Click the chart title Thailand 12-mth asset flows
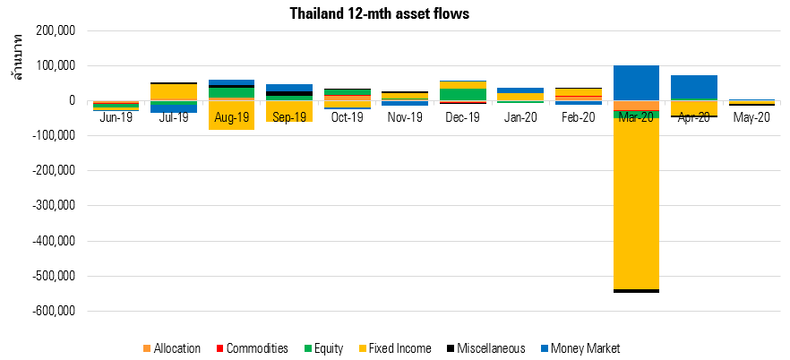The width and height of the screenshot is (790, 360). click(x=380, y=13)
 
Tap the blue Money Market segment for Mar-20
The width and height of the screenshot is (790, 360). click(x=636, y=82)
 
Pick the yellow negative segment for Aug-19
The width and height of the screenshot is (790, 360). click(x=231, y=116)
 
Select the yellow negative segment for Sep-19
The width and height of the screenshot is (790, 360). click(x=289, y=111)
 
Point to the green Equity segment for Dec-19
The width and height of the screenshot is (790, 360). click(x=463, y=94)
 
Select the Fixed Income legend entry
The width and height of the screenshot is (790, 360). click(x=394, y=348)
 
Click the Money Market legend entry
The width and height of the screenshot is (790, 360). click(x=580, y=348)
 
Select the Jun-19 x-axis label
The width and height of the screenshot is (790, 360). click(x=116, y=118)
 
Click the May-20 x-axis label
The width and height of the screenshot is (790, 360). click(x=751, y=118)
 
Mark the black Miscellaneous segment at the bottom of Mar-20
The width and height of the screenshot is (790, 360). click(x=636, y=291)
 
